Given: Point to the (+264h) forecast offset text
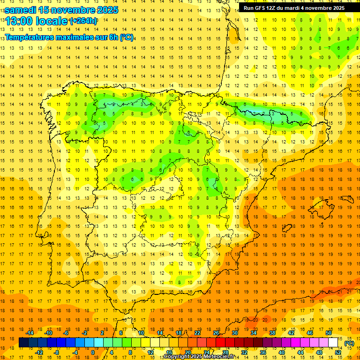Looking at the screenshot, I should (x=83, y=21).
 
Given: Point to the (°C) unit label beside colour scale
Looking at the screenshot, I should (x=349, y=343).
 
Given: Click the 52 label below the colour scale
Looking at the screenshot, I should (x=338, y=352).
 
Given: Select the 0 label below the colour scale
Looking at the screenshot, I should (x=93, y=352).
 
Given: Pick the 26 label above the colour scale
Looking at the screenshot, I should (x=216, y=333).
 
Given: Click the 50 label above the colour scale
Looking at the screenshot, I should (x=329, y=333).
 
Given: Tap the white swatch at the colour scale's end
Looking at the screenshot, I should (x=333, y=343).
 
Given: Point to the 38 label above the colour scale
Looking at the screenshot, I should (x=272, y=333).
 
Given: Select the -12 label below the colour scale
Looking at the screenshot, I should (x=39, y=352).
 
